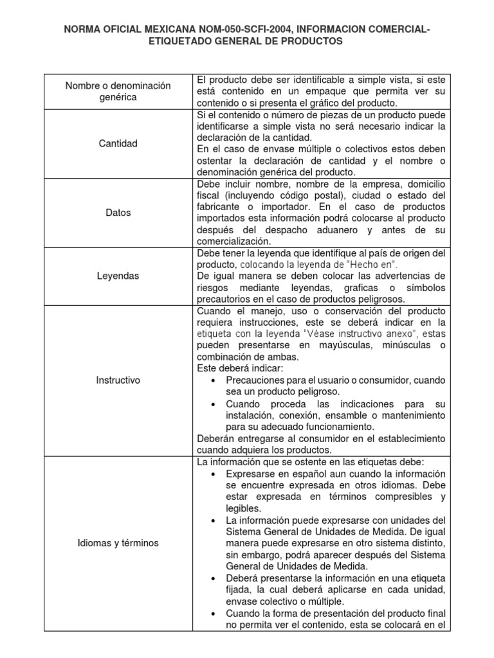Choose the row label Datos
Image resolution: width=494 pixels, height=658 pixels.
pos(119,212)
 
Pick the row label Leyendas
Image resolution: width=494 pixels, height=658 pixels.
pos(119,276)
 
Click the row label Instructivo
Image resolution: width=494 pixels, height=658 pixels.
pos(119,380)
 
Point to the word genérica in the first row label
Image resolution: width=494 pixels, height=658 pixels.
pos(119,97)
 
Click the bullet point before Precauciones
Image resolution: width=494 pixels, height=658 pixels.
pos(213,380)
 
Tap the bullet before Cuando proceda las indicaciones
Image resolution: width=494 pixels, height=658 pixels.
pos(213,404)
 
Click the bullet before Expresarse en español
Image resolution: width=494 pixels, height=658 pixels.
pos(213,474)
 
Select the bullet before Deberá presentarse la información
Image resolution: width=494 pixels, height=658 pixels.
pos(213,578)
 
